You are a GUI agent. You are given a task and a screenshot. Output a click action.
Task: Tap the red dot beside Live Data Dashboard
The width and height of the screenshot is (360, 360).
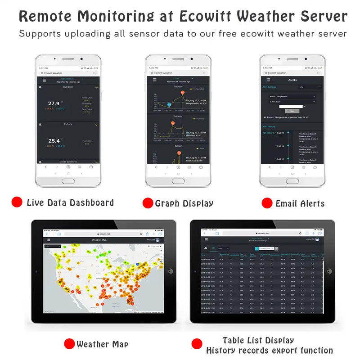point(17,202)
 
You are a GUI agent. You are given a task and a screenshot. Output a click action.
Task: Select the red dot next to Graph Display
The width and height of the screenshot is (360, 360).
point(148,203)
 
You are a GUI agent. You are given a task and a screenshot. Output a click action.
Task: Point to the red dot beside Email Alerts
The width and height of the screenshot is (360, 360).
point(267,203)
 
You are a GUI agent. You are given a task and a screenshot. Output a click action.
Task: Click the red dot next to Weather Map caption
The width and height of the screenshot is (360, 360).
point(69,344)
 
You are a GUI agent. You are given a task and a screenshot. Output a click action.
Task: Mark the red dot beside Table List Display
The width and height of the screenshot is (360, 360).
point(197,344)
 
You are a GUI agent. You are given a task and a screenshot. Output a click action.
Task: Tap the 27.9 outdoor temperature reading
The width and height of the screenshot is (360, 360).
point(54,103)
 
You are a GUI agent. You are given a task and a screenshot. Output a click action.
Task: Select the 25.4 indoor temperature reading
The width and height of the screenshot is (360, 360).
point(54,141)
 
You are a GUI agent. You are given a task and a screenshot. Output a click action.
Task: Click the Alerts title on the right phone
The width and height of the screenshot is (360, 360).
point(292,80)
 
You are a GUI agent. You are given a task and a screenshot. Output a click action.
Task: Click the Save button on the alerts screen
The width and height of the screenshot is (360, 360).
point(292,111)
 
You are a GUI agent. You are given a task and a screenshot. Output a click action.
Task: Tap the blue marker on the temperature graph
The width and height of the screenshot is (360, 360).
point(169,105)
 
